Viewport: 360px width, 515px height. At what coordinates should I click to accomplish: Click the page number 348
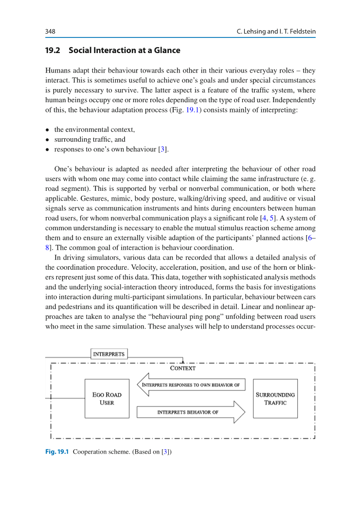(x=50, y=32)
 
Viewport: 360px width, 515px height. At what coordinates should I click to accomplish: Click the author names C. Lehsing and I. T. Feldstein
(x=276, y=32)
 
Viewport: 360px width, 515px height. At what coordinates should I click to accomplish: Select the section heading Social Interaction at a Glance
(x=125, y=50)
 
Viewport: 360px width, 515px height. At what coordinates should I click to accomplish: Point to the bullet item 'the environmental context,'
(x=94, y=129)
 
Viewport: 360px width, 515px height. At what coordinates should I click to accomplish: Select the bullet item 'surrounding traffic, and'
(x=90, y=139)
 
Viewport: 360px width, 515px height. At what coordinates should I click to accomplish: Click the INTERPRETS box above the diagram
(x=109, y=354)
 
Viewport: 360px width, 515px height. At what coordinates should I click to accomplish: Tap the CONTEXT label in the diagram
(x=183, y=368)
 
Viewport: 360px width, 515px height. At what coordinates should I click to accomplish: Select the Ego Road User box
(x=107, y=399)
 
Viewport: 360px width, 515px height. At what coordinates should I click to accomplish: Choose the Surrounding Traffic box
(x=275, y=399)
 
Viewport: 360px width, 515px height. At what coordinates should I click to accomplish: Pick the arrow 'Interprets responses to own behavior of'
(x=191, y=385)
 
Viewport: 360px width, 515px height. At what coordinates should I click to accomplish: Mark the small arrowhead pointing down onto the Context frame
(x=183, y=361)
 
